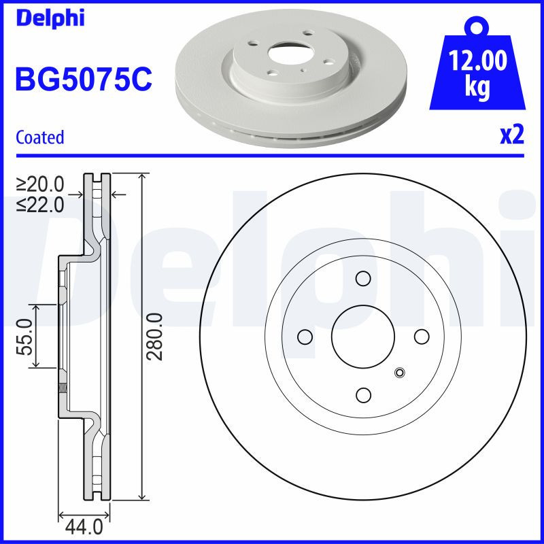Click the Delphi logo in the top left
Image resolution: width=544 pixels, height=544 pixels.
click(49, 18)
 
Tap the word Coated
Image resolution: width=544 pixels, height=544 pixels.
click(39, 137)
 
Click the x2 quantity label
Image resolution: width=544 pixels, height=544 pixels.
click(512, 135)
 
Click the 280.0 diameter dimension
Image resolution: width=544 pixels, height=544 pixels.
click(156, 337)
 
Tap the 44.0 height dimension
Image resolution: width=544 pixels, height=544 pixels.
click(84, 526)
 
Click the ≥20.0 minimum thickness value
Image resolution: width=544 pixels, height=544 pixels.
click(40, 184)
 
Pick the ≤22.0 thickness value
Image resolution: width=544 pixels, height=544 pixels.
click(40, 203)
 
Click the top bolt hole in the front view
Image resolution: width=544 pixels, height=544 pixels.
click(363, 278)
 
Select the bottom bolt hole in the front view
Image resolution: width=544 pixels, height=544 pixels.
click(363, 395)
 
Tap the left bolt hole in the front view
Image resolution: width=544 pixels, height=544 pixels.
click(305, 337)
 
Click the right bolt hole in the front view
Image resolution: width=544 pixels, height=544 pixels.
click(422, 337)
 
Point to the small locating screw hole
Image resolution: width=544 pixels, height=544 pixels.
click(399, 372)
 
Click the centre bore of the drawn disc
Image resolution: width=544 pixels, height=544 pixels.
click(363, 337)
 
